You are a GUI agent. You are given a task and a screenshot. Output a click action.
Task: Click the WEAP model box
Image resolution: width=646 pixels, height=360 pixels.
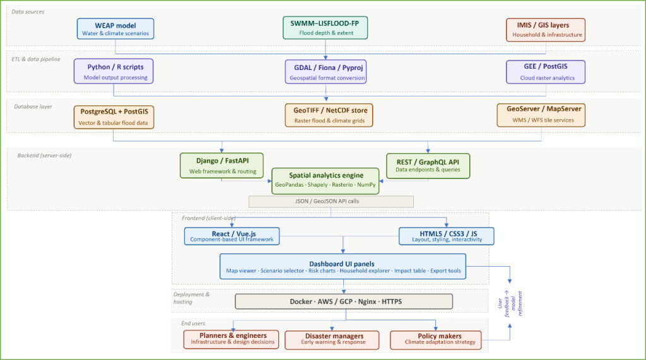(115, 29)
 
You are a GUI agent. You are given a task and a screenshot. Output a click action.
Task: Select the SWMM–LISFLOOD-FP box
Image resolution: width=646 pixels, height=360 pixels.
(325, 28)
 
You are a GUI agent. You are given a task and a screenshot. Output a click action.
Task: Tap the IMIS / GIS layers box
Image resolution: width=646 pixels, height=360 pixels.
(546, 30)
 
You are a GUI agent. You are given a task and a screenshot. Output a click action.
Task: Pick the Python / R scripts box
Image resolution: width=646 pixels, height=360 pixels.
(114, 71)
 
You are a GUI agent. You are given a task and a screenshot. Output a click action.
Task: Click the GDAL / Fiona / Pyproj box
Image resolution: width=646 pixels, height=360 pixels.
(326, 72)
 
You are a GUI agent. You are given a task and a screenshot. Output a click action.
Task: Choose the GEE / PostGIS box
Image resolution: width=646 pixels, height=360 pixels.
(546, 72)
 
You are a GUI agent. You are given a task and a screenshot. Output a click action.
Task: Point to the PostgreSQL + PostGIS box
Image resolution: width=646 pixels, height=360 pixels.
(114, 117)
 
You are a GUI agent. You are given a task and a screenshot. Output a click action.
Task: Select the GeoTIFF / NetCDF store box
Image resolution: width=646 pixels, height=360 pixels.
(329, 115)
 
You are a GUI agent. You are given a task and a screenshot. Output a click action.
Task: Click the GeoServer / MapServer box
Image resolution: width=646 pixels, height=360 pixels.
(541, 115)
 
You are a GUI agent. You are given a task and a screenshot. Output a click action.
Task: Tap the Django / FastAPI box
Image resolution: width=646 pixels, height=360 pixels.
(221, 166)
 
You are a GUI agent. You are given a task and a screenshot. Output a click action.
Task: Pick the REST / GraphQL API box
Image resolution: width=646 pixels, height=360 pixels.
(428, 166)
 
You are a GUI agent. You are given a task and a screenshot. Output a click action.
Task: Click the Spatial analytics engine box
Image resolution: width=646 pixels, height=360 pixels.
(326, 181)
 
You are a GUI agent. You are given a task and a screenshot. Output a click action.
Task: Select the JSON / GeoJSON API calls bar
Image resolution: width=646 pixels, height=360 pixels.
(331, 201)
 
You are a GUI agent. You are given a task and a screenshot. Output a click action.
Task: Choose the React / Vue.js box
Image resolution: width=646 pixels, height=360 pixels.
(232, 236)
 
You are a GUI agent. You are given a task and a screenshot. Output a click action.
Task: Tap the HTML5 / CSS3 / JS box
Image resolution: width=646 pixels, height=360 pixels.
(446, 236)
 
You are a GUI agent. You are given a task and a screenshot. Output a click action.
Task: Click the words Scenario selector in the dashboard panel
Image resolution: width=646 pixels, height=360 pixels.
(282, 271)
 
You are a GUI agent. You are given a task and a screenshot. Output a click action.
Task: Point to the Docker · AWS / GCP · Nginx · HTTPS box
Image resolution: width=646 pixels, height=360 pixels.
(344, 301)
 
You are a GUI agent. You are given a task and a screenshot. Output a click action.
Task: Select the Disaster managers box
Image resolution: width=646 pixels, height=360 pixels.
(332, 340)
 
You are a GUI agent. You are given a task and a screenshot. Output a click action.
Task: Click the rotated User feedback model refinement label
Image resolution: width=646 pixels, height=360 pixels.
(510, 303)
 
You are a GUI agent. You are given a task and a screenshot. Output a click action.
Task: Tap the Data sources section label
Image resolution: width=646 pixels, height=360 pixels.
(28, 11)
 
